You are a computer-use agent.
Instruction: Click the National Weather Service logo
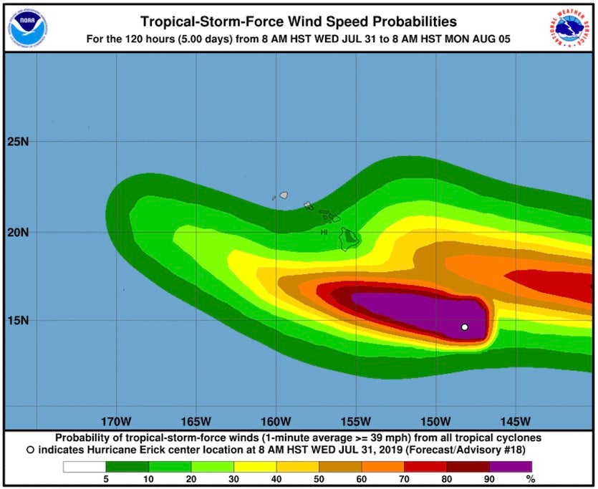point(571,26)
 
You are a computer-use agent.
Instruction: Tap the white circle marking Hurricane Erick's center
point(465,327)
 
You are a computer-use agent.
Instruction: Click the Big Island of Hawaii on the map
point(349,238)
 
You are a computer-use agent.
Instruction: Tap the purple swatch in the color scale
point(511,467)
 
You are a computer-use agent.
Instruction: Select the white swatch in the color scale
point(84,467)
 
